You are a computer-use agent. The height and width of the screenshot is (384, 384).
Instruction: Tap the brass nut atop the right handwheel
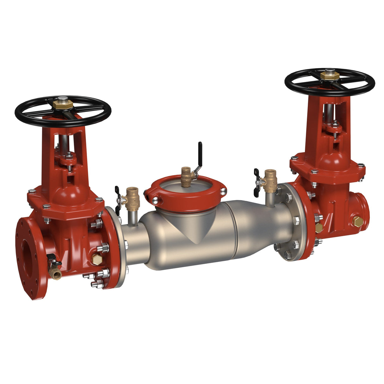pyautogui.click(x=330, y=75)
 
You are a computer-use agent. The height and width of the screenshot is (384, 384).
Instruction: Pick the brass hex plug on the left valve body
pyautogui.click(x=96, y=259)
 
